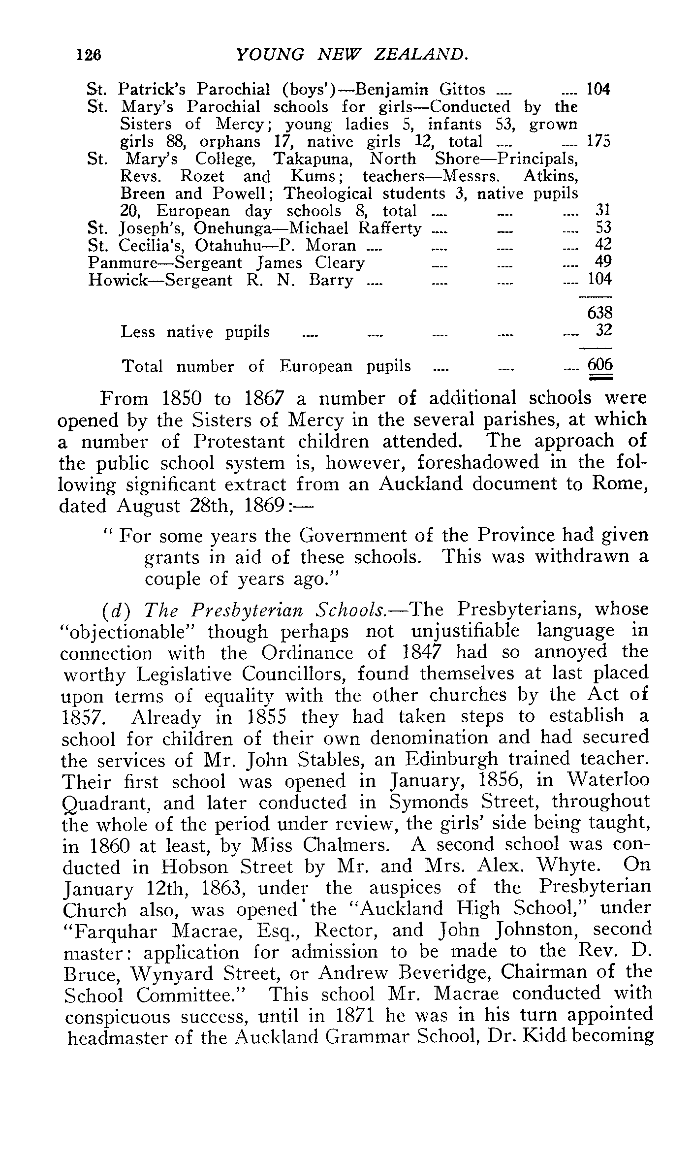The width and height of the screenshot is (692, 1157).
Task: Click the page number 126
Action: click(89, 54)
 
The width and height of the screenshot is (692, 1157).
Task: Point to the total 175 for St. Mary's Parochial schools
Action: click(598, 142)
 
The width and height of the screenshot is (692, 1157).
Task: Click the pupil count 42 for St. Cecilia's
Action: click(603, 245)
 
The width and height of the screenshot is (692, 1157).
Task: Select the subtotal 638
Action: click(599, 313)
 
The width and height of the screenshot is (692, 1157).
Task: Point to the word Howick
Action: click(116, 280)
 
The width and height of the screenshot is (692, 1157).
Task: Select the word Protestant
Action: click(238, 441)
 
